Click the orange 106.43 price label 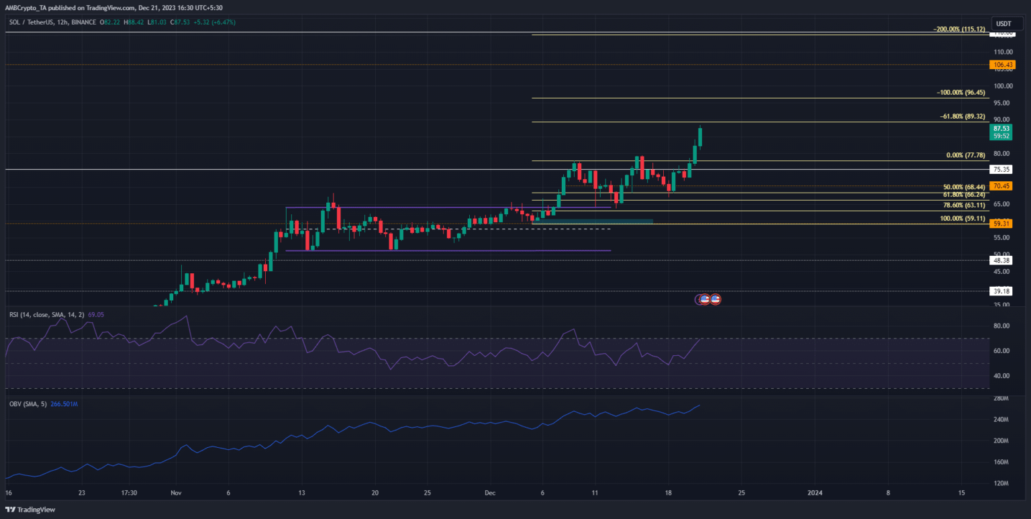(x=1000, y=64)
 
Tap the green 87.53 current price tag (x=1000, y=128)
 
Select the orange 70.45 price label (x=1000, y=186)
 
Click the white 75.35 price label (x=1000, y=170)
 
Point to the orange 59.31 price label (x=1000, y=224)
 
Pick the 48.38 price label (x=1000, y=260)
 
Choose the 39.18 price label (x=1000, y=291)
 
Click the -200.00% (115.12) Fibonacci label (x=959, y=30)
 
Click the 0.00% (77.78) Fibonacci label (x=965, y=155)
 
